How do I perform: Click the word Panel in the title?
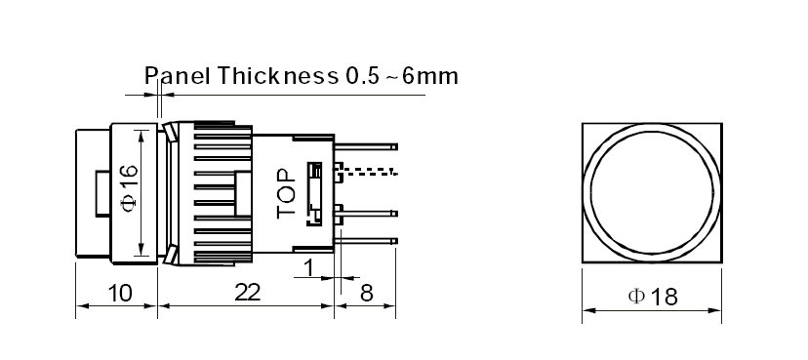click(x=177, y=76)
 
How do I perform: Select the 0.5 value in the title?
click(x=359, y=76)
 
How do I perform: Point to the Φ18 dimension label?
click(x=653, y=297)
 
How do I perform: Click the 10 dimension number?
click(x=119, y=294)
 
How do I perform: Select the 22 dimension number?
click(x=248, y=293)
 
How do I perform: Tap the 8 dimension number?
click(x=366, y=294)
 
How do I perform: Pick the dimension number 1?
click(x=309, y=268)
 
